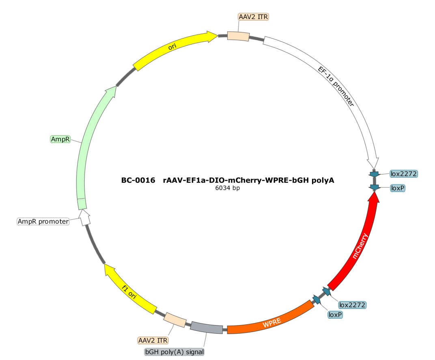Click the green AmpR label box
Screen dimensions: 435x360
tap(60, 139)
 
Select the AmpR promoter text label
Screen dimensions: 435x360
tap(43, 221)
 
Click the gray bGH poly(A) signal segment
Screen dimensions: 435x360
tap(207, 328)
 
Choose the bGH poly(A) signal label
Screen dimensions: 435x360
tap(174, 352)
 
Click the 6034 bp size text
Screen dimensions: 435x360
tap(228, 188)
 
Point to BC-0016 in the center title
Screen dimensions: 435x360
tap(138, 180)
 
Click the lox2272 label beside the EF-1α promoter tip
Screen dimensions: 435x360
tap(404, 174)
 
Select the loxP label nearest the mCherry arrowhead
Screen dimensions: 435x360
tap(398, 188)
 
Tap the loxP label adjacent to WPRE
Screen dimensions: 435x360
tap(335, 315)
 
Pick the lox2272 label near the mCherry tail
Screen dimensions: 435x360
tap(352, 305)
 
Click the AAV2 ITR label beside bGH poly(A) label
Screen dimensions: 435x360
tap(153, 340)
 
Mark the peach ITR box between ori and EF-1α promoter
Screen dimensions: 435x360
tap(238, 36)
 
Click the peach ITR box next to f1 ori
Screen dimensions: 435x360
tap(175, 320)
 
